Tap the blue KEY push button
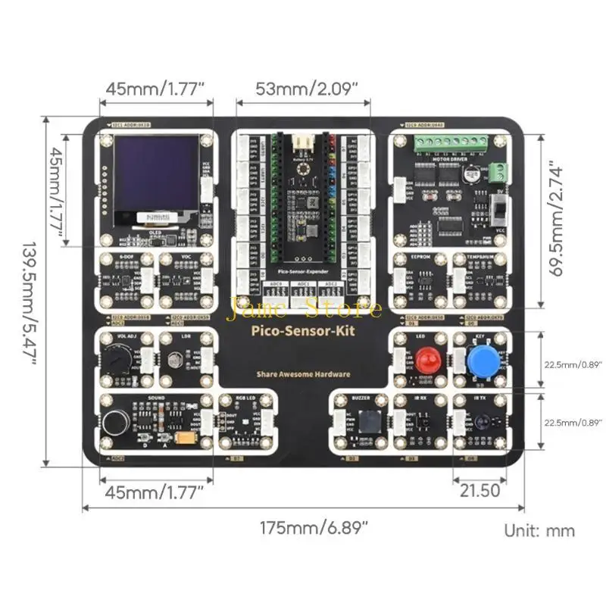[x=482, y=361]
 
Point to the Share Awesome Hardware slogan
[x=303, y=374]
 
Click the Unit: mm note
[x=539, y=530]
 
